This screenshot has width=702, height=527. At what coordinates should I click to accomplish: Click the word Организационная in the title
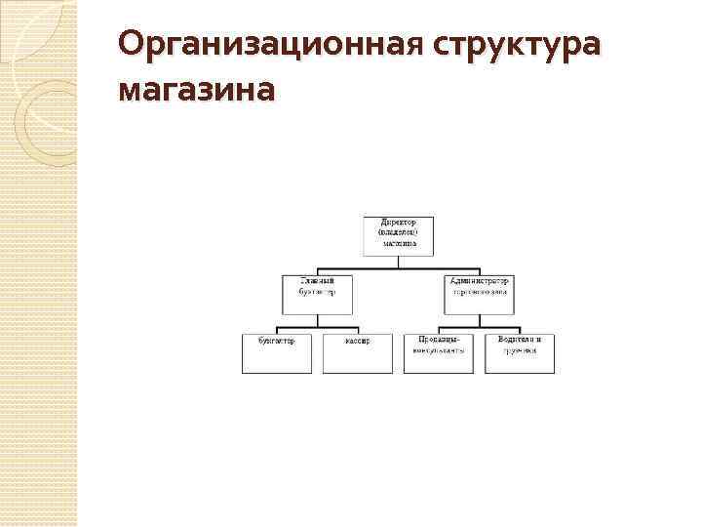[x=267, y=45]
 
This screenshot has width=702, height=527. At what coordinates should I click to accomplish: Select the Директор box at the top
[x=398, y=235]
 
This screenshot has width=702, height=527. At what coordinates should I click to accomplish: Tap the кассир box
[x=357, y=352]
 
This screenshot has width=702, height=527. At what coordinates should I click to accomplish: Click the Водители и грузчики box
[x=519, y=352]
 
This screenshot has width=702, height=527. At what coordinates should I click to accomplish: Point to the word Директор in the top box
[x=398, y=223]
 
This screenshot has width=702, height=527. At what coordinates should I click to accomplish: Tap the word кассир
[x=357, y=341]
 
